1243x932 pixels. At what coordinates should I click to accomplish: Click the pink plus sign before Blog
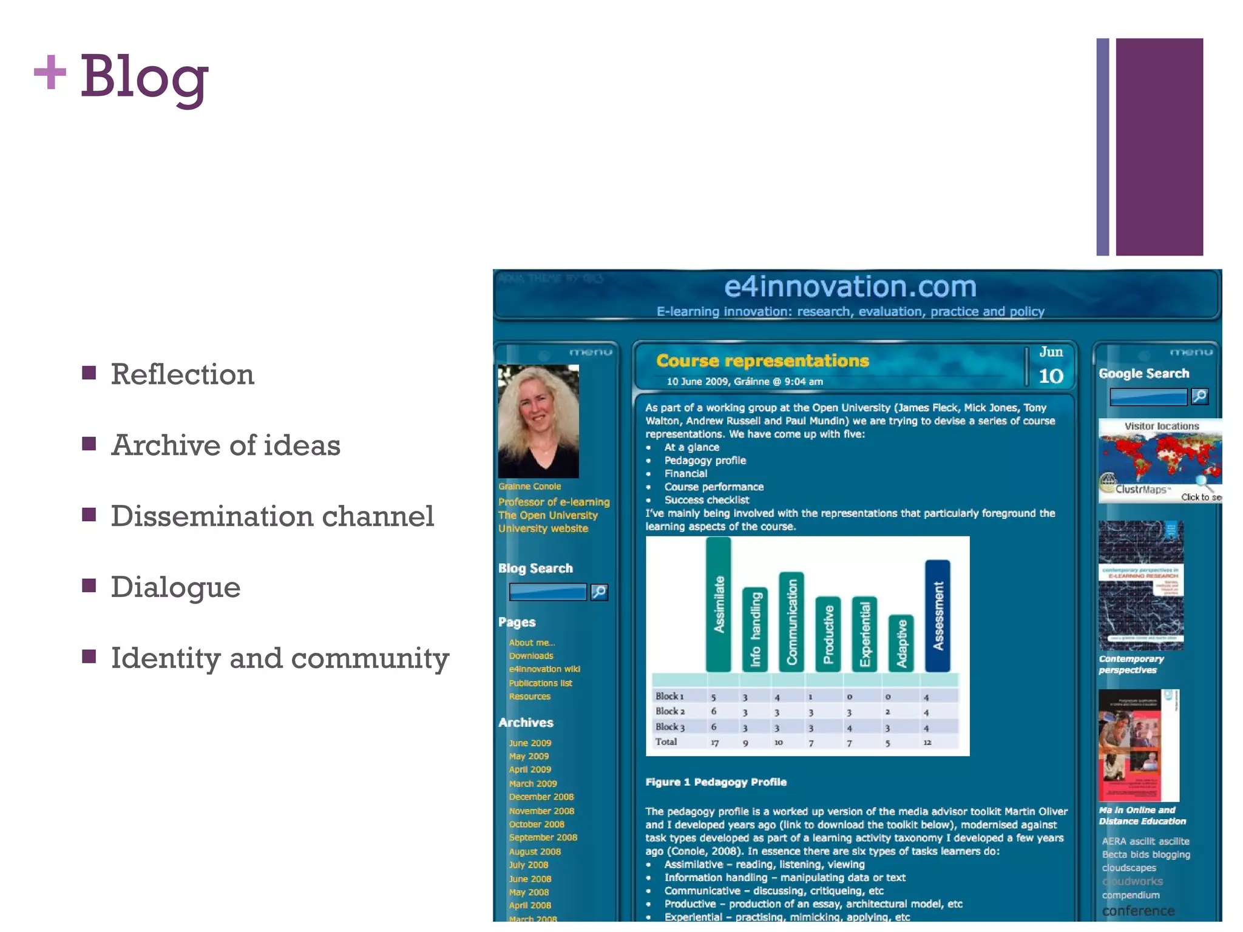tap(50, 72)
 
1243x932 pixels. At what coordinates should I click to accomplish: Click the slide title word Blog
tap(144, 77)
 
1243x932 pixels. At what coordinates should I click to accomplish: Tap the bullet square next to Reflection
tap(89, 373)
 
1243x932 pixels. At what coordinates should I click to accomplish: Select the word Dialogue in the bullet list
tap(175, 587)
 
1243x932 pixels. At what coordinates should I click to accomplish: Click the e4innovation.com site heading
tap(850, 286)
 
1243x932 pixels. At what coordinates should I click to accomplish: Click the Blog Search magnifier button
tap(599, 592)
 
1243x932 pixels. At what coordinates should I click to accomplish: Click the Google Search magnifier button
tap(1199, 396)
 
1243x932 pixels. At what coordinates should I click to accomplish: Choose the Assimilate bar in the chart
tap(719, 604)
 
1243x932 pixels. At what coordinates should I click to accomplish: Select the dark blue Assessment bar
tap(938, 615)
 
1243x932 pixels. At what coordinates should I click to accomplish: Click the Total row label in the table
tap(666, 741)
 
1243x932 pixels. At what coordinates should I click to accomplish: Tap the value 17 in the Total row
tap(714, 743)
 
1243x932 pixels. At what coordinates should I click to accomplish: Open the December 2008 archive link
tap(541, 797)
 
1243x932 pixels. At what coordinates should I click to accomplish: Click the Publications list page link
tap(540, 683)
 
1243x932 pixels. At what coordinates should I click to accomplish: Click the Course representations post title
tap(762, 361)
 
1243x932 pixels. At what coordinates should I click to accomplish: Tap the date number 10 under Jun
tap(1051, 376)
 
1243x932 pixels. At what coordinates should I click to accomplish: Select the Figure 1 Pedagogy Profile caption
tap(716, 782)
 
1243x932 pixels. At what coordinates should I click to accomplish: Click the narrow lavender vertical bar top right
tap(1102, 147)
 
